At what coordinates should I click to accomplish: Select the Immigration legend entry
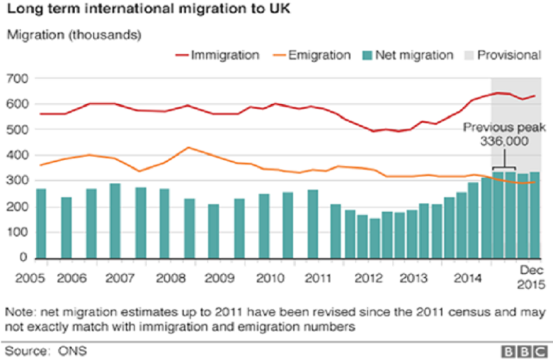point(217,55)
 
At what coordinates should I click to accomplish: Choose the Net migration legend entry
point(406,55)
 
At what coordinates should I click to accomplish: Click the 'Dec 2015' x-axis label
point(532,277)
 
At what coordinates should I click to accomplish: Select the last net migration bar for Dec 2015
point(534,215)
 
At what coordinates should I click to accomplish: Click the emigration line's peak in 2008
point(189,147)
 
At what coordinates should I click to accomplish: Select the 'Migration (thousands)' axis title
point(73,35)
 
